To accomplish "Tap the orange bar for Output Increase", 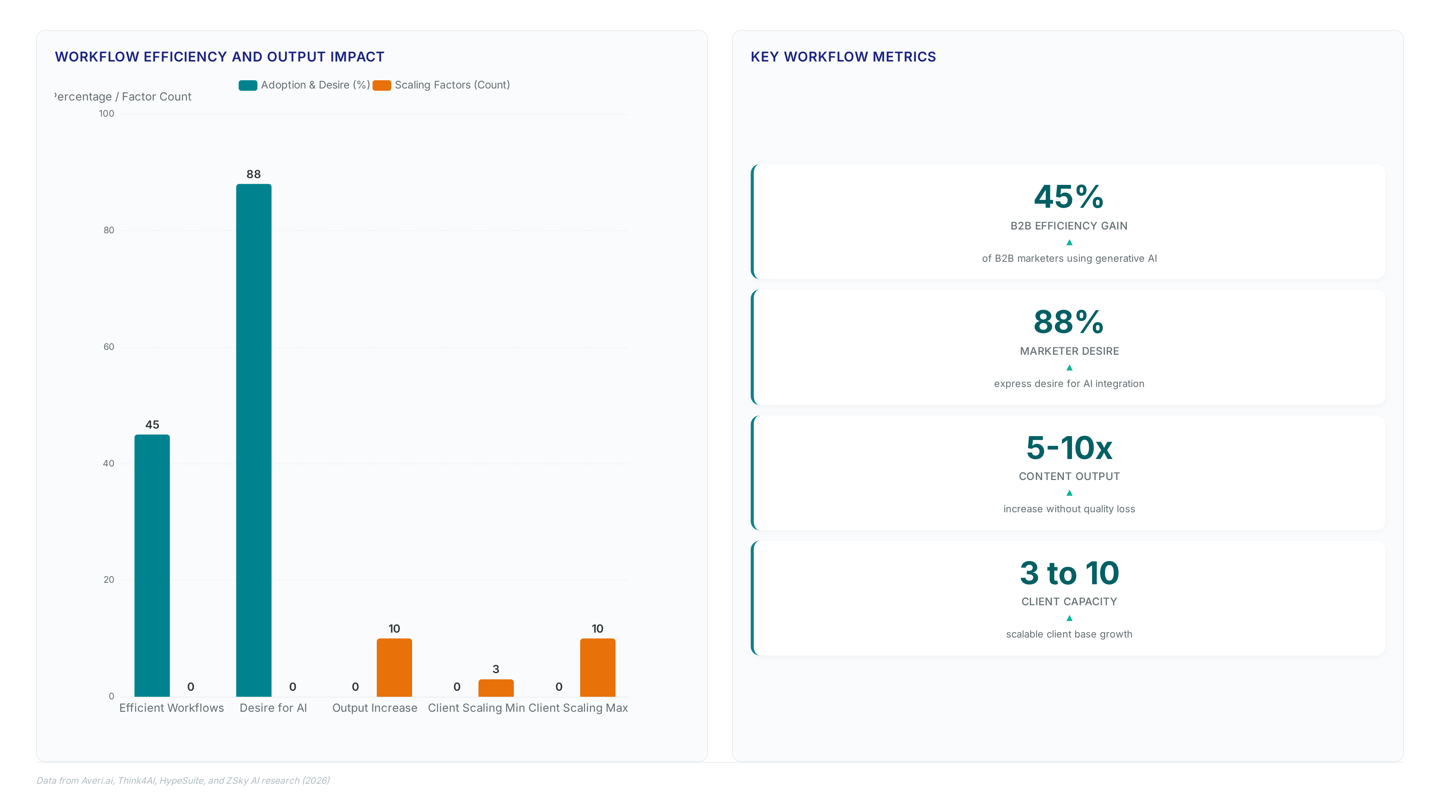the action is pyautogui.click(x=394, y=667).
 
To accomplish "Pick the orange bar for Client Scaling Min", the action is pyautogui.click(x=496, y=688).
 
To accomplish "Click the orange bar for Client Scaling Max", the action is pyautogui.click(x=598, y=667).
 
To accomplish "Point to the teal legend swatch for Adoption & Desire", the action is pyautogui.click(x=247, y=85).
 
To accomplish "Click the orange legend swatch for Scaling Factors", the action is pyautogui.click(x=382, y=85).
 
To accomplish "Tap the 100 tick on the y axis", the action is pyautogui.click(x=106, y=114).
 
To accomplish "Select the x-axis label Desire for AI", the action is pyautogui.click(x=273, y=708).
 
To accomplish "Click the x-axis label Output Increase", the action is pyautogui.click(x=375, y=708).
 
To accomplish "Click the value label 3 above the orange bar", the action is pyautogui.click(x=496, y=669).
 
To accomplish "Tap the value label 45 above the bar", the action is pyautogui.click(x=152, y=425).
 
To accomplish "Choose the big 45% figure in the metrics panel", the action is pyautogui.click(x=1069, y=197).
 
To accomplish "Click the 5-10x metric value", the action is pyautogui.click(x=1069, y=448).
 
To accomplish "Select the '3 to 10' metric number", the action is pyautogui.click(x=1069, y=573).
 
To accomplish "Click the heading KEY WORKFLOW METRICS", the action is pyautogui.click(x=843, y=57).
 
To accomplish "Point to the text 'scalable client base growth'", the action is pyautogui.click(x=1069, y=634).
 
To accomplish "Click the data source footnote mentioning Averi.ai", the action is pyautogui.click(x=183, y=780).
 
